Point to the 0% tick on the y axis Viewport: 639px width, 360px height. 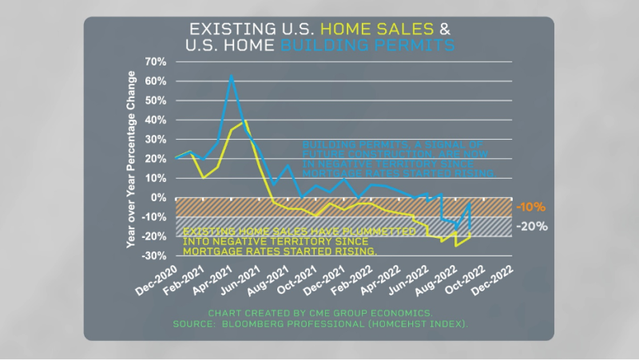(x=157, y=197)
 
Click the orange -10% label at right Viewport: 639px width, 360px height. (x=530, y=208)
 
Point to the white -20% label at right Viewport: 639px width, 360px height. (x=532, y=226)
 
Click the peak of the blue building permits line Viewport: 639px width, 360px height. (x=232, y=76)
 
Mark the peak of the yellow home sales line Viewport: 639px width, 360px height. (x=245, y=121)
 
